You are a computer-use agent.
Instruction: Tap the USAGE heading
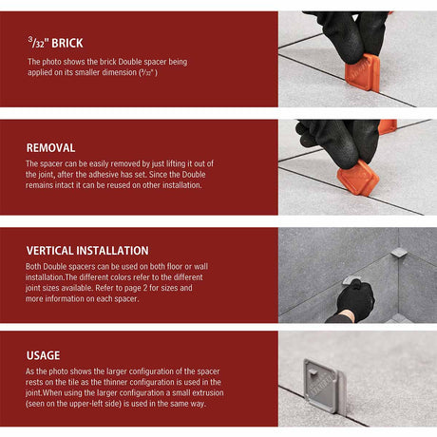[43, 355]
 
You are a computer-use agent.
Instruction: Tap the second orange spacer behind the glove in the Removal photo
[387, 126]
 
